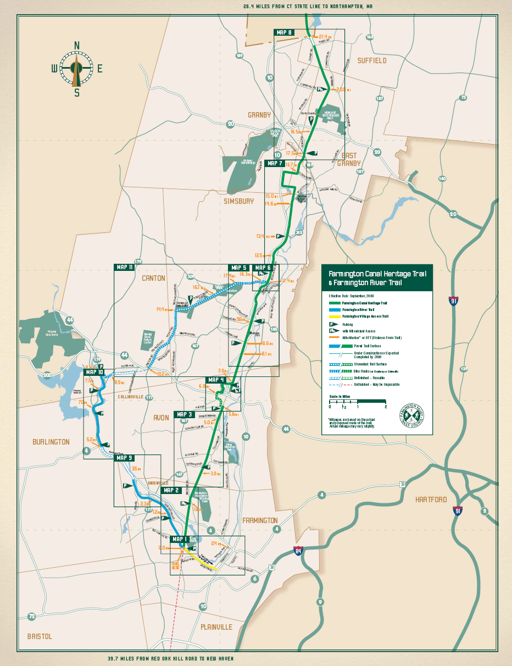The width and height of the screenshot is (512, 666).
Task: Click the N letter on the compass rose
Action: click(x=77, y=45)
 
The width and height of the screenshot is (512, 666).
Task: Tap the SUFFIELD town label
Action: click(x=371, y=60)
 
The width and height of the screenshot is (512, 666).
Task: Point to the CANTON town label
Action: click(x=153, y=278)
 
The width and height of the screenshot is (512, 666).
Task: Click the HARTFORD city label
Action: click(x=431, y=500)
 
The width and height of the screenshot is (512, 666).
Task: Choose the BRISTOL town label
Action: click(x=40, y=636)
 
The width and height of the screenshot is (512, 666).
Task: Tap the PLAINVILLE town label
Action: click(x=216, y=627)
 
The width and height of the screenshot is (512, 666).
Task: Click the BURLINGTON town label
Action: click(x=51, y=442)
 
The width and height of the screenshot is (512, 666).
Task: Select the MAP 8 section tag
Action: click(x=284, y=32)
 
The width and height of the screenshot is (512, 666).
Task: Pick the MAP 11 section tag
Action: click(x=124, y=267)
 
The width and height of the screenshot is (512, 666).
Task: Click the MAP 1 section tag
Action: click(x=180, y=539)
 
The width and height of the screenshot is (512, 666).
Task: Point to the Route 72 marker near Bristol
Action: click(x=32, y=617)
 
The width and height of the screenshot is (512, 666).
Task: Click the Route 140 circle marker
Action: click(x=442, y=179)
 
